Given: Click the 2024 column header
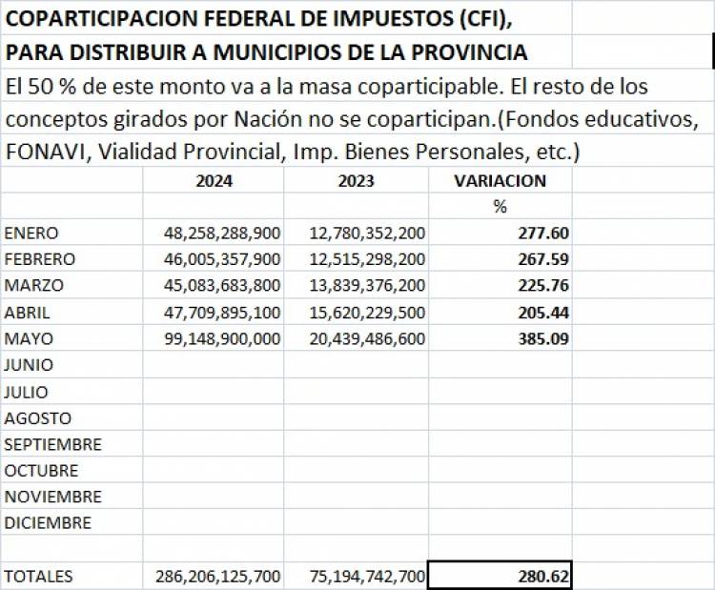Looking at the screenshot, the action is tap(214, 180).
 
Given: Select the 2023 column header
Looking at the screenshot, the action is tap(356, 180).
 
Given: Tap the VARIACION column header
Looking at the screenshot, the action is tap(500, 180).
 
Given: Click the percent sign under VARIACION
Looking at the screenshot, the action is tap(500, 206).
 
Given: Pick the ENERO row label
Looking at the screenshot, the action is tap(31, 233).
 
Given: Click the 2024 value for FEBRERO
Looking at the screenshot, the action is tap(222, 259).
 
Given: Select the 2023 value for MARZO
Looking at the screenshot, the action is tap(367, 285).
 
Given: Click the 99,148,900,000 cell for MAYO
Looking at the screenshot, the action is tap(222, 338).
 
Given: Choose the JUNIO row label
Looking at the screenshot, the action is tap(29, 365).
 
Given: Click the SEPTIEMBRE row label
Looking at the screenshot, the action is tap(52, 444).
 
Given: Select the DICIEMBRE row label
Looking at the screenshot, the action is tap(48, 523).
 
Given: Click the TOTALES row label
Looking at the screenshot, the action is tap(38, 576).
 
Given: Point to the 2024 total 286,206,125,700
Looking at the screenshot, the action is tap(218, 576).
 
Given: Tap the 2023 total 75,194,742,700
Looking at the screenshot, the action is tap(367, 576).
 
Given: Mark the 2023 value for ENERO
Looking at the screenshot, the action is tap(367, 233).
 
